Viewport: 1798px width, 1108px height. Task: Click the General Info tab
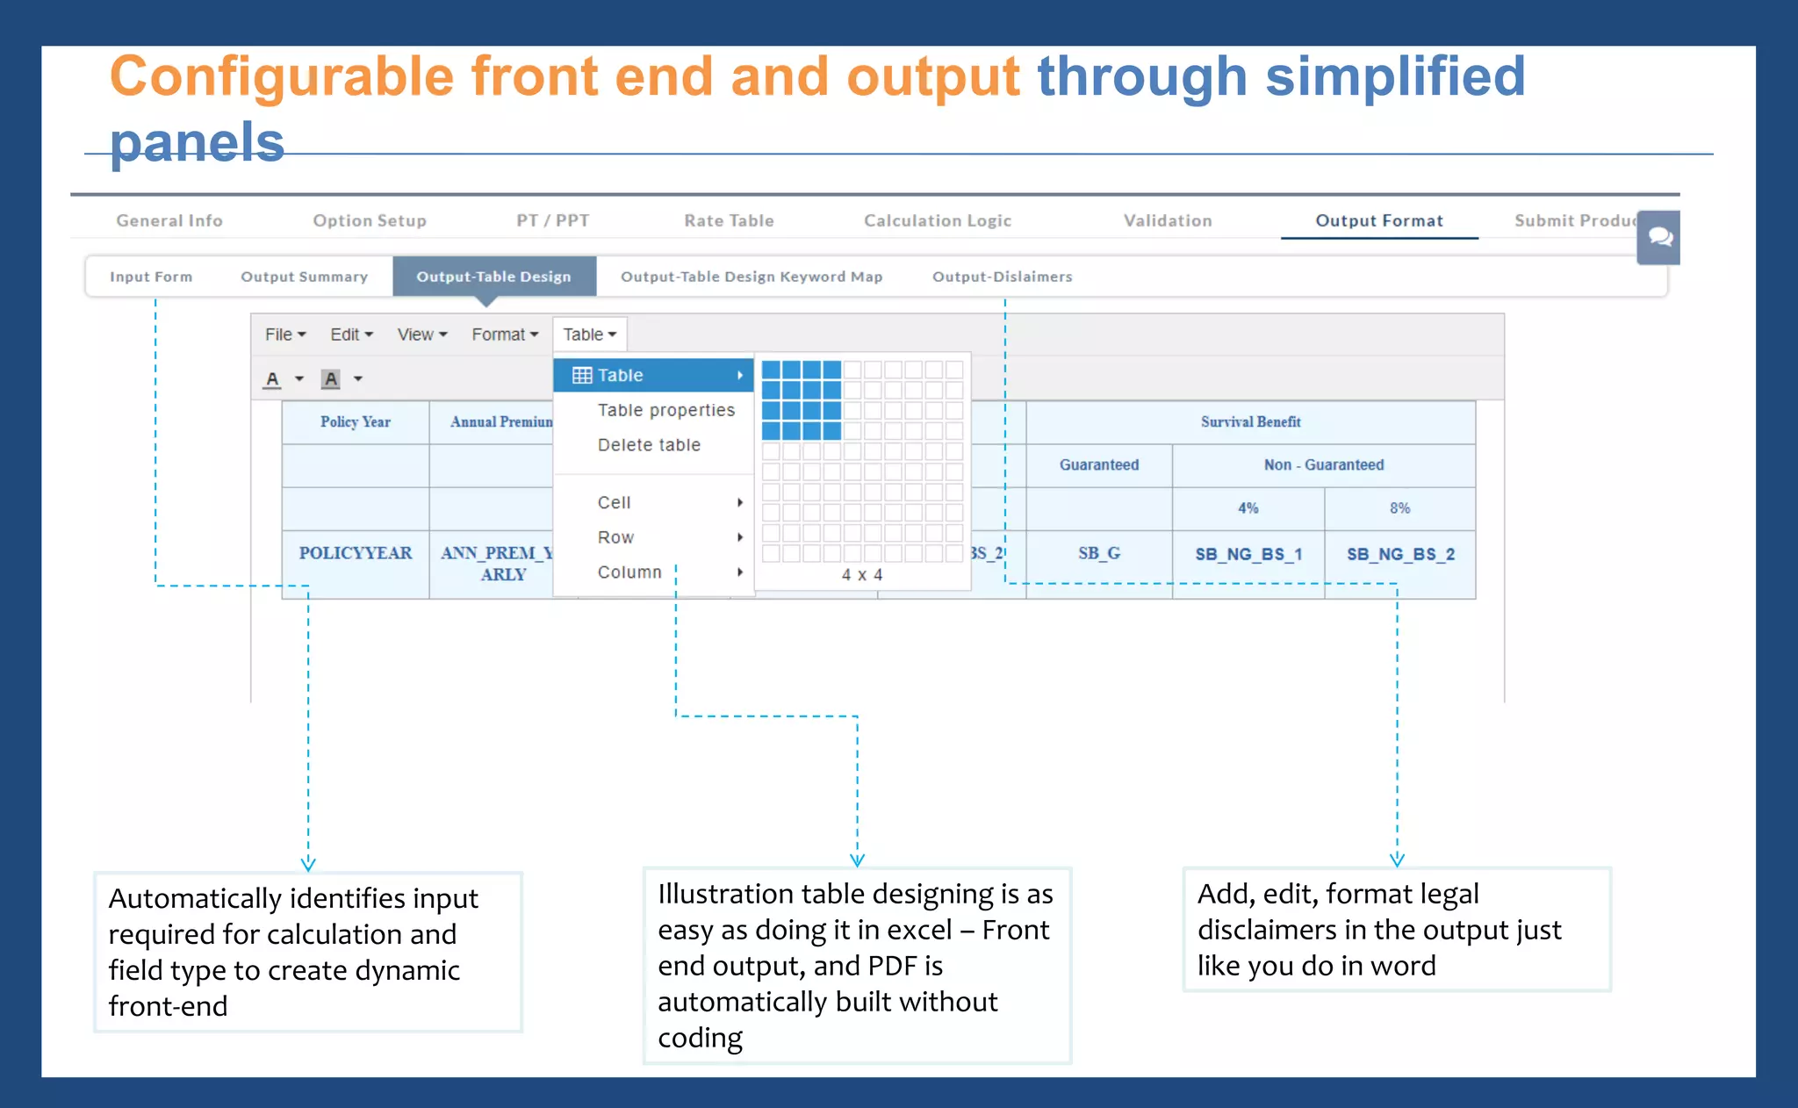tap(169, 220)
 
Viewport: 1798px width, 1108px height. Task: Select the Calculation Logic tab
tap(937, 220)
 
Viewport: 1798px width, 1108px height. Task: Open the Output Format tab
tap(1378, 220)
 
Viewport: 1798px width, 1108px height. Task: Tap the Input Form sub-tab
tap(151, 277)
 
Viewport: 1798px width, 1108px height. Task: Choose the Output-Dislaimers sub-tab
tap(1002, 277)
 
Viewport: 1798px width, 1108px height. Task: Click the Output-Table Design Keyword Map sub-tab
tap(751, 277)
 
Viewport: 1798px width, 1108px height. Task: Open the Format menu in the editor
tap(505, 335)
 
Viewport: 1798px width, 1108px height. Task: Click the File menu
tap(284, 335)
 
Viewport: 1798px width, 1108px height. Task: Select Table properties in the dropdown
tap(665, 410)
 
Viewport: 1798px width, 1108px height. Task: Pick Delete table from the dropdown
tap(649, 445)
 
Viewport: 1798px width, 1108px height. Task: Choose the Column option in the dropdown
tap(629, 572)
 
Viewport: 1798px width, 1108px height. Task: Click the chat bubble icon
tap(1658, 237)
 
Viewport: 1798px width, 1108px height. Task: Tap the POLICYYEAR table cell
tap(355, 553)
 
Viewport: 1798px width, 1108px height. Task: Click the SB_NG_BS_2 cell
tap(1399, 554)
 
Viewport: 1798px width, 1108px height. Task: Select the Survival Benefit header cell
tap(1250, 422)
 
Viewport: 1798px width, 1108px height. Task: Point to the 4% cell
tap(1248, 508)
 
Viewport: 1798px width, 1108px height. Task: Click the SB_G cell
tap(1098, 553)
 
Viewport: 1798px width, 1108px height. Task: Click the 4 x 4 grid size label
tap(861, 575)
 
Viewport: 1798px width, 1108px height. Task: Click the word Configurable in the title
tap(281, 77)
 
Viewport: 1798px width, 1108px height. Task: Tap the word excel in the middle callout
tap(919, 930)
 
